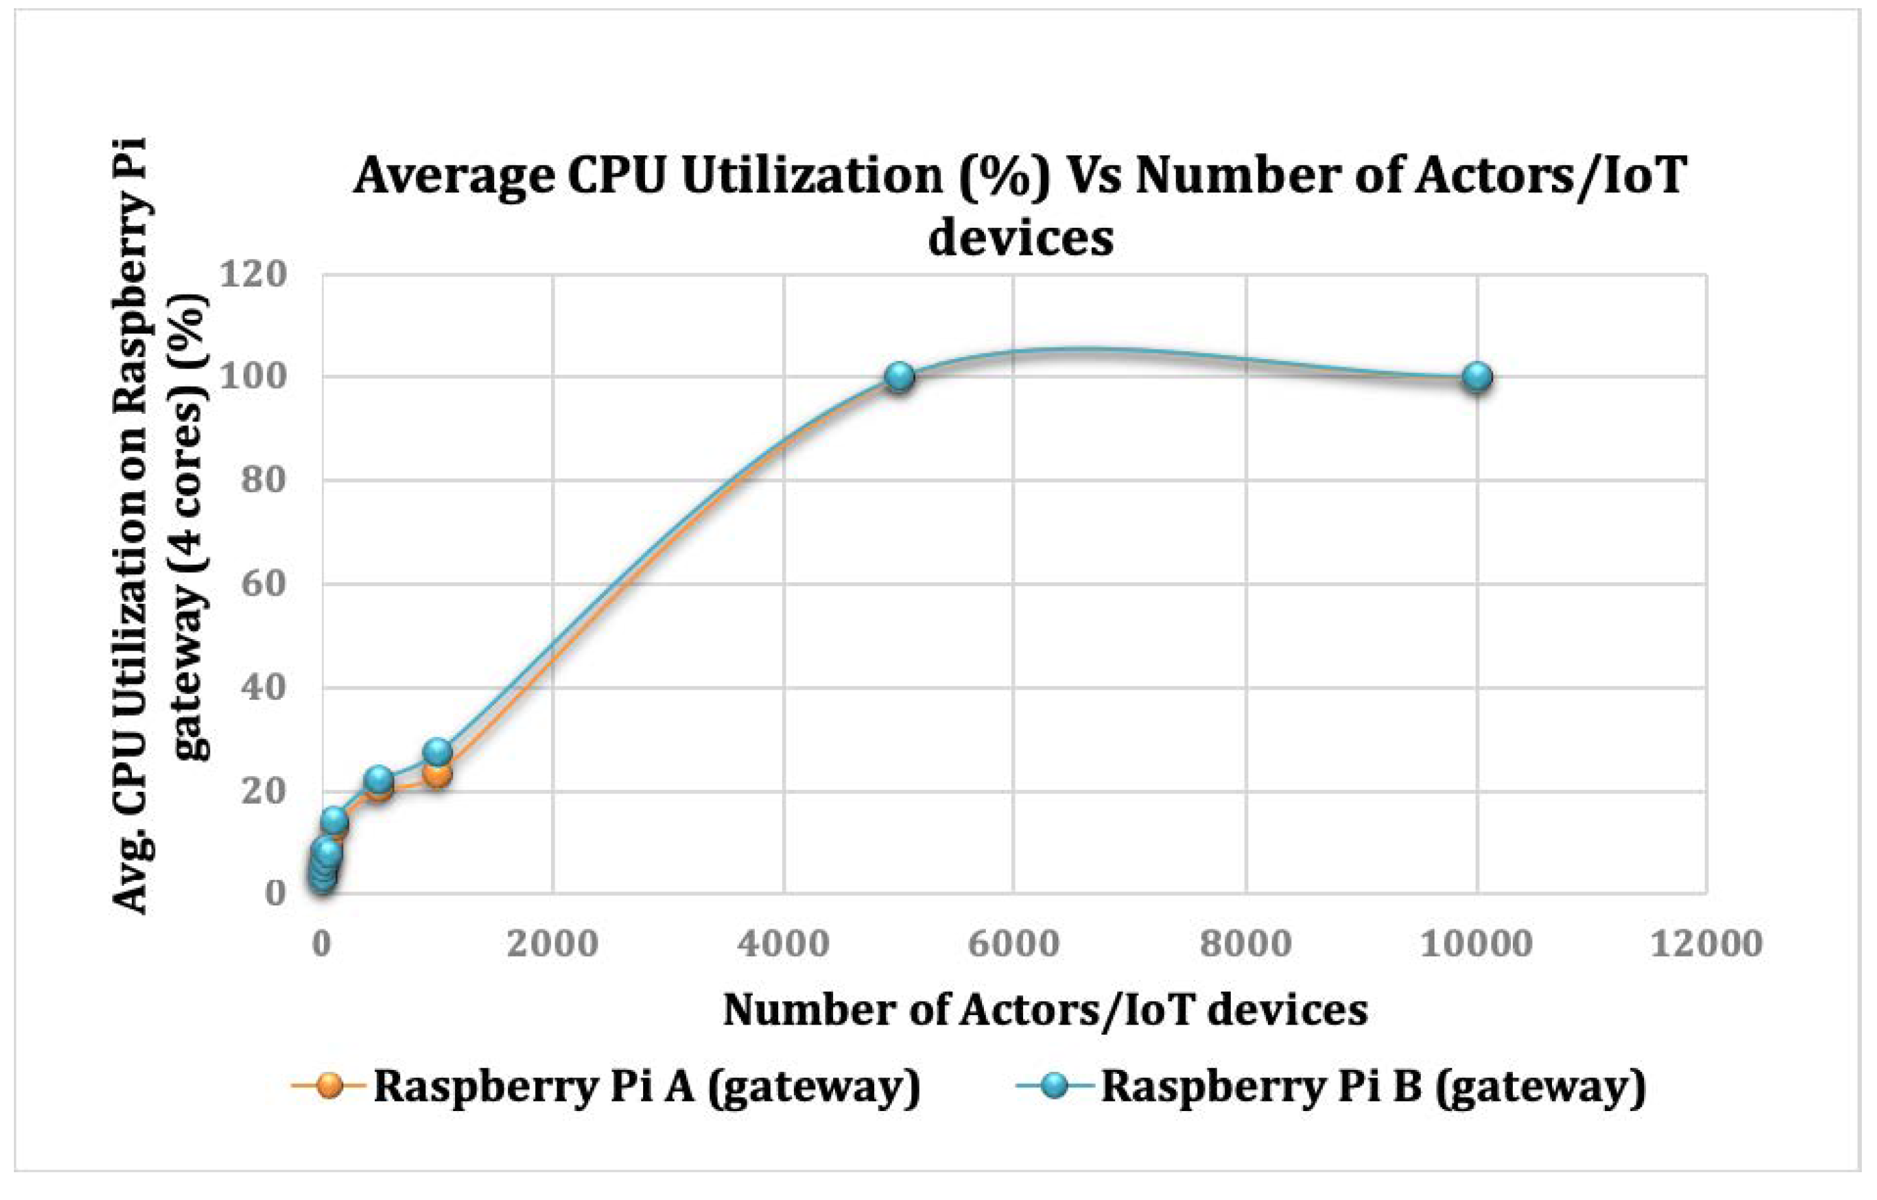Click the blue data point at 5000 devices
(x=899, y=377)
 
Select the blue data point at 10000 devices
(x=1477, y=377)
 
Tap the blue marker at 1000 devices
(x=437, y=752)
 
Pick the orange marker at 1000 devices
(x=438, y=775)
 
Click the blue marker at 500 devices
(x=379, y=779)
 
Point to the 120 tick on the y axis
(x=252, y=274)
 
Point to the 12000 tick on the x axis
(x=1707, y=944)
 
